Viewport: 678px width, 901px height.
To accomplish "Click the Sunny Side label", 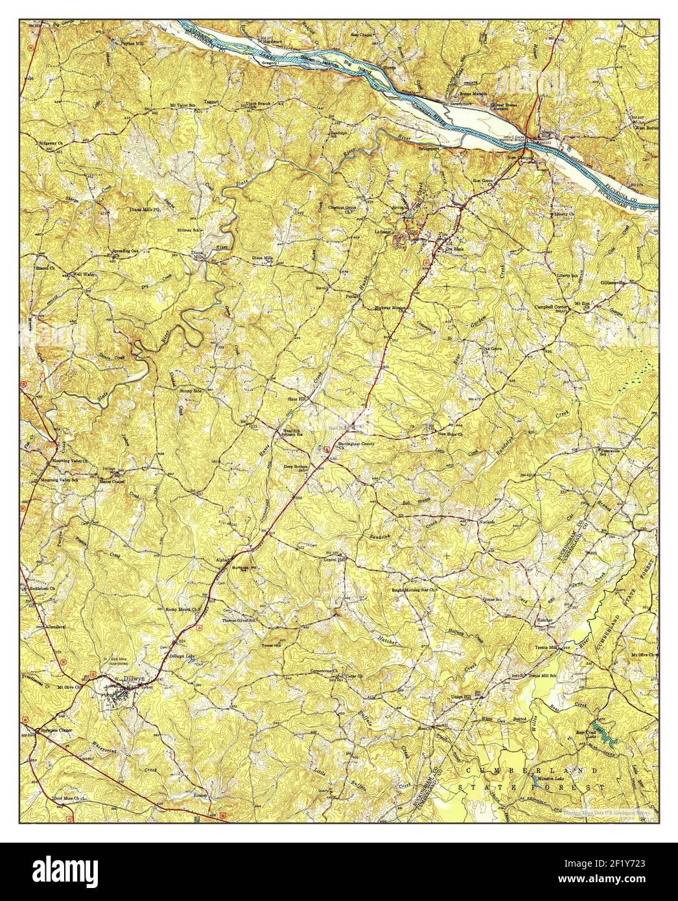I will click(x=189, y=392).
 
